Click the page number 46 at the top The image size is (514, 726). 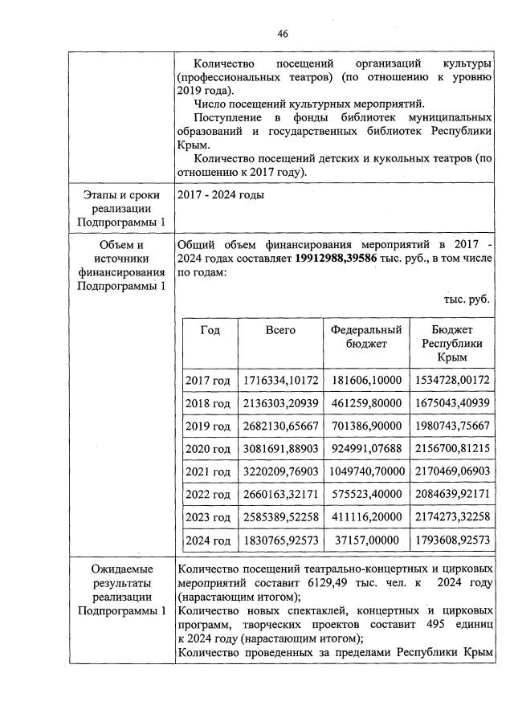282,33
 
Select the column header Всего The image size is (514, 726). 280,330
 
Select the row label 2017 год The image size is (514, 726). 208,380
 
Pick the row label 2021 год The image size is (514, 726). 208,471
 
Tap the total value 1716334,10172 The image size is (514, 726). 280,380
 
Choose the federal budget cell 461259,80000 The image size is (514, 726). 365,402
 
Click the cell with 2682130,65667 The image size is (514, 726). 280,425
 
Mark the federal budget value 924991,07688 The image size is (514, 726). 365,448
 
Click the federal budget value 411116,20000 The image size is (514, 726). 365,516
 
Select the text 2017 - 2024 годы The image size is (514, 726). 218,195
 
